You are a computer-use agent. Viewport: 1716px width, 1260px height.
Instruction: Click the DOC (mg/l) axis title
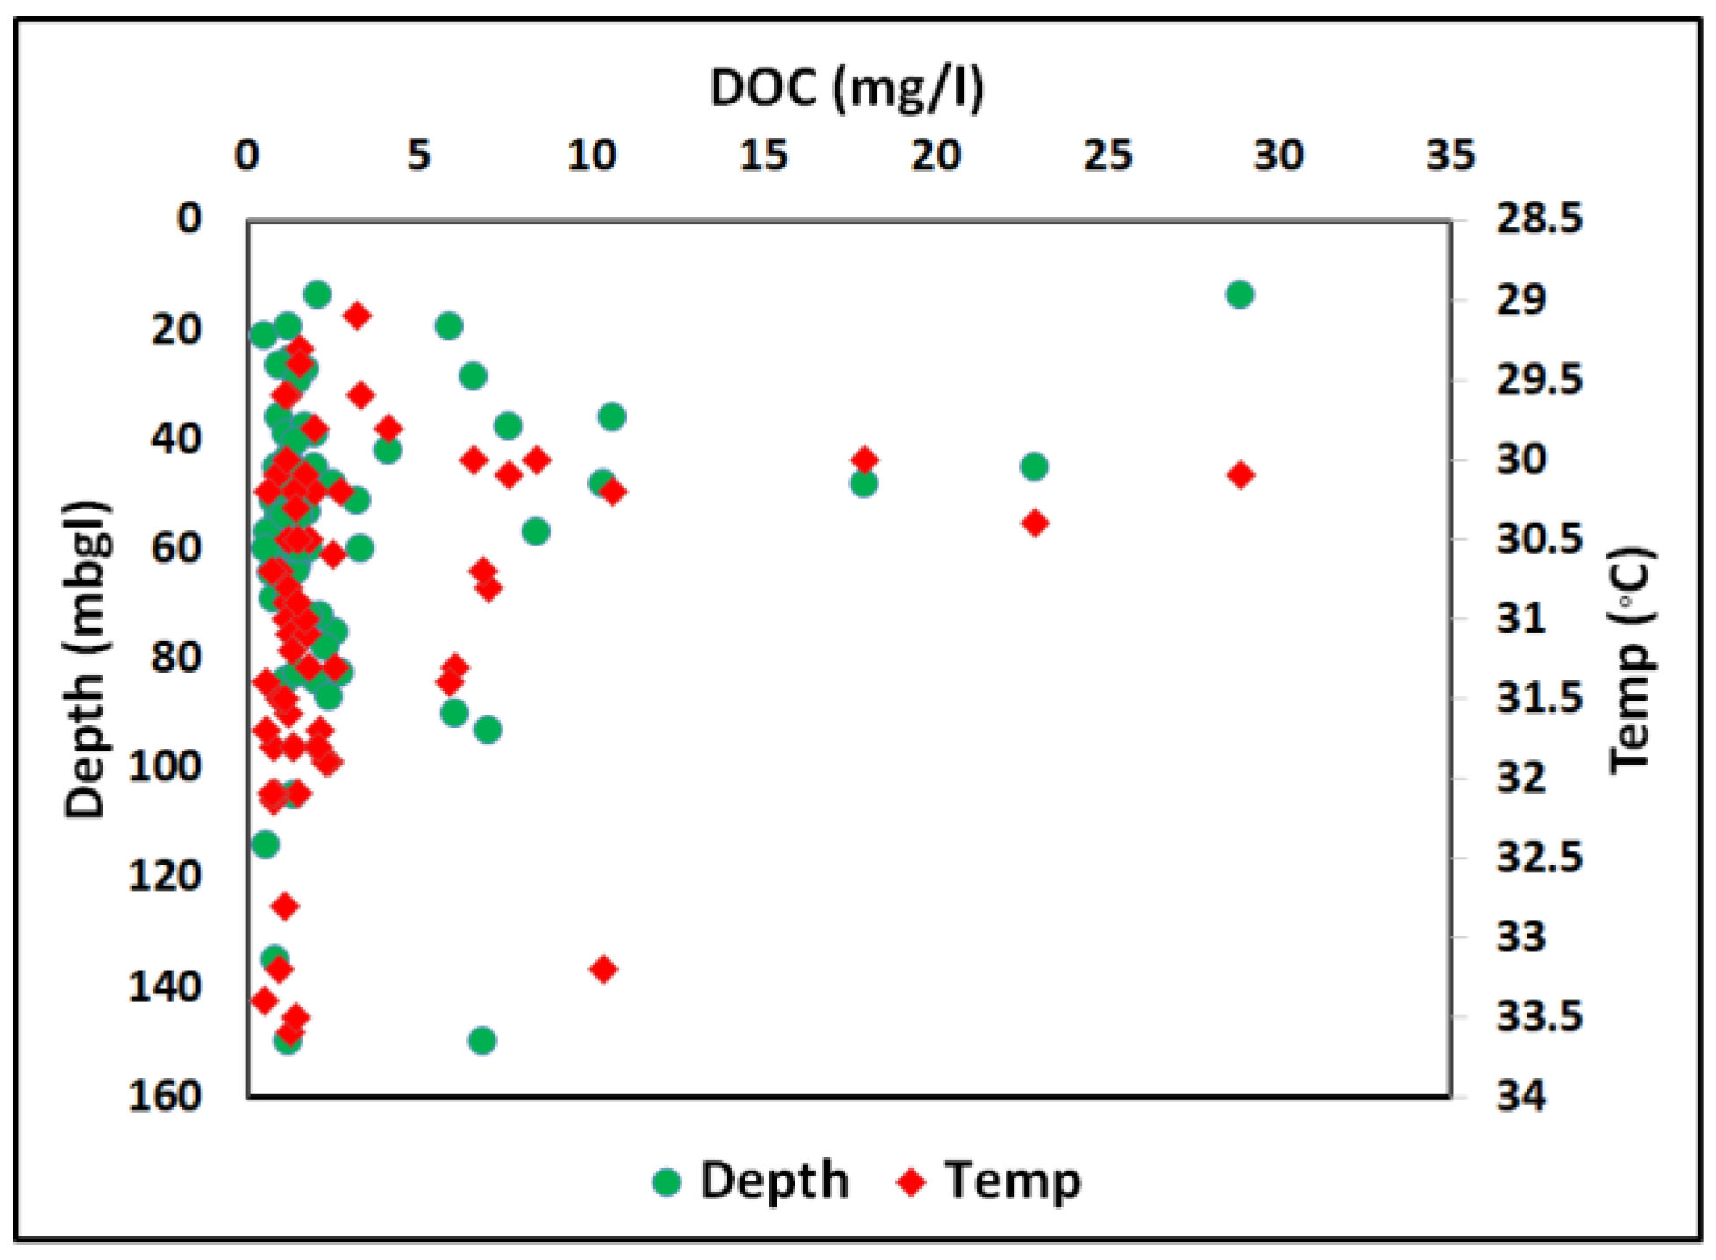point(846,89)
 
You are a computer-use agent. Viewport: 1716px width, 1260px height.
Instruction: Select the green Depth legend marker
point(666,1182)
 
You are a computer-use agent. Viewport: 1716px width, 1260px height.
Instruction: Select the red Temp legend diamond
point(911,1182)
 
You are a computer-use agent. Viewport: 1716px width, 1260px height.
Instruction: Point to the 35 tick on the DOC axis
point(1450,156)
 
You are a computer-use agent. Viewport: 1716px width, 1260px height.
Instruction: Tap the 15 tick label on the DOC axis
point(763,156)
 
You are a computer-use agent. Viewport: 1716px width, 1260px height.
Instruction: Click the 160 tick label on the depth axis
point(165,1096)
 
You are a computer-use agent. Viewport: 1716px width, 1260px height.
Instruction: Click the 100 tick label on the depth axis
point(165,767)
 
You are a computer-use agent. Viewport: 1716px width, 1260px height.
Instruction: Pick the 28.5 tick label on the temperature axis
point(1539,219)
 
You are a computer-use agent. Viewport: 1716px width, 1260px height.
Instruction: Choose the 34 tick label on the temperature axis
point(1521,1096)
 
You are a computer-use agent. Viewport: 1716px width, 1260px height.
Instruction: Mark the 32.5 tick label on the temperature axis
point(1539,857)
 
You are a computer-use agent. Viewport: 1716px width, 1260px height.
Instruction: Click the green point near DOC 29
point(1239,295)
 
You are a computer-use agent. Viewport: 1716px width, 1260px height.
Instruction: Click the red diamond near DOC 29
point(1241,475)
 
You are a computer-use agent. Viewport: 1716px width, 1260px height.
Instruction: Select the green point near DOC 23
point(1035,466)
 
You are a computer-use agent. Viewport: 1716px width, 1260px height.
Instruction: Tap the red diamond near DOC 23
point(1036,523)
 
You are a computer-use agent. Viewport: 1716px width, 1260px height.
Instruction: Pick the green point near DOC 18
point(864,483)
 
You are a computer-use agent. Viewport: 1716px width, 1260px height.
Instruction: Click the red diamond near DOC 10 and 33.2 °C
point(603,969)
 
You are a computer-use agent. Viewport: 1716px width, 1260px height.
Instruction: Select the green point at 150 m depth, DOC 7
point(482,1041)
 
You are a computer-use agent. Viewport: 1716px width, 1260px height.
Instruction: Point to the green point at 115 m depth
point(266,844)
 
